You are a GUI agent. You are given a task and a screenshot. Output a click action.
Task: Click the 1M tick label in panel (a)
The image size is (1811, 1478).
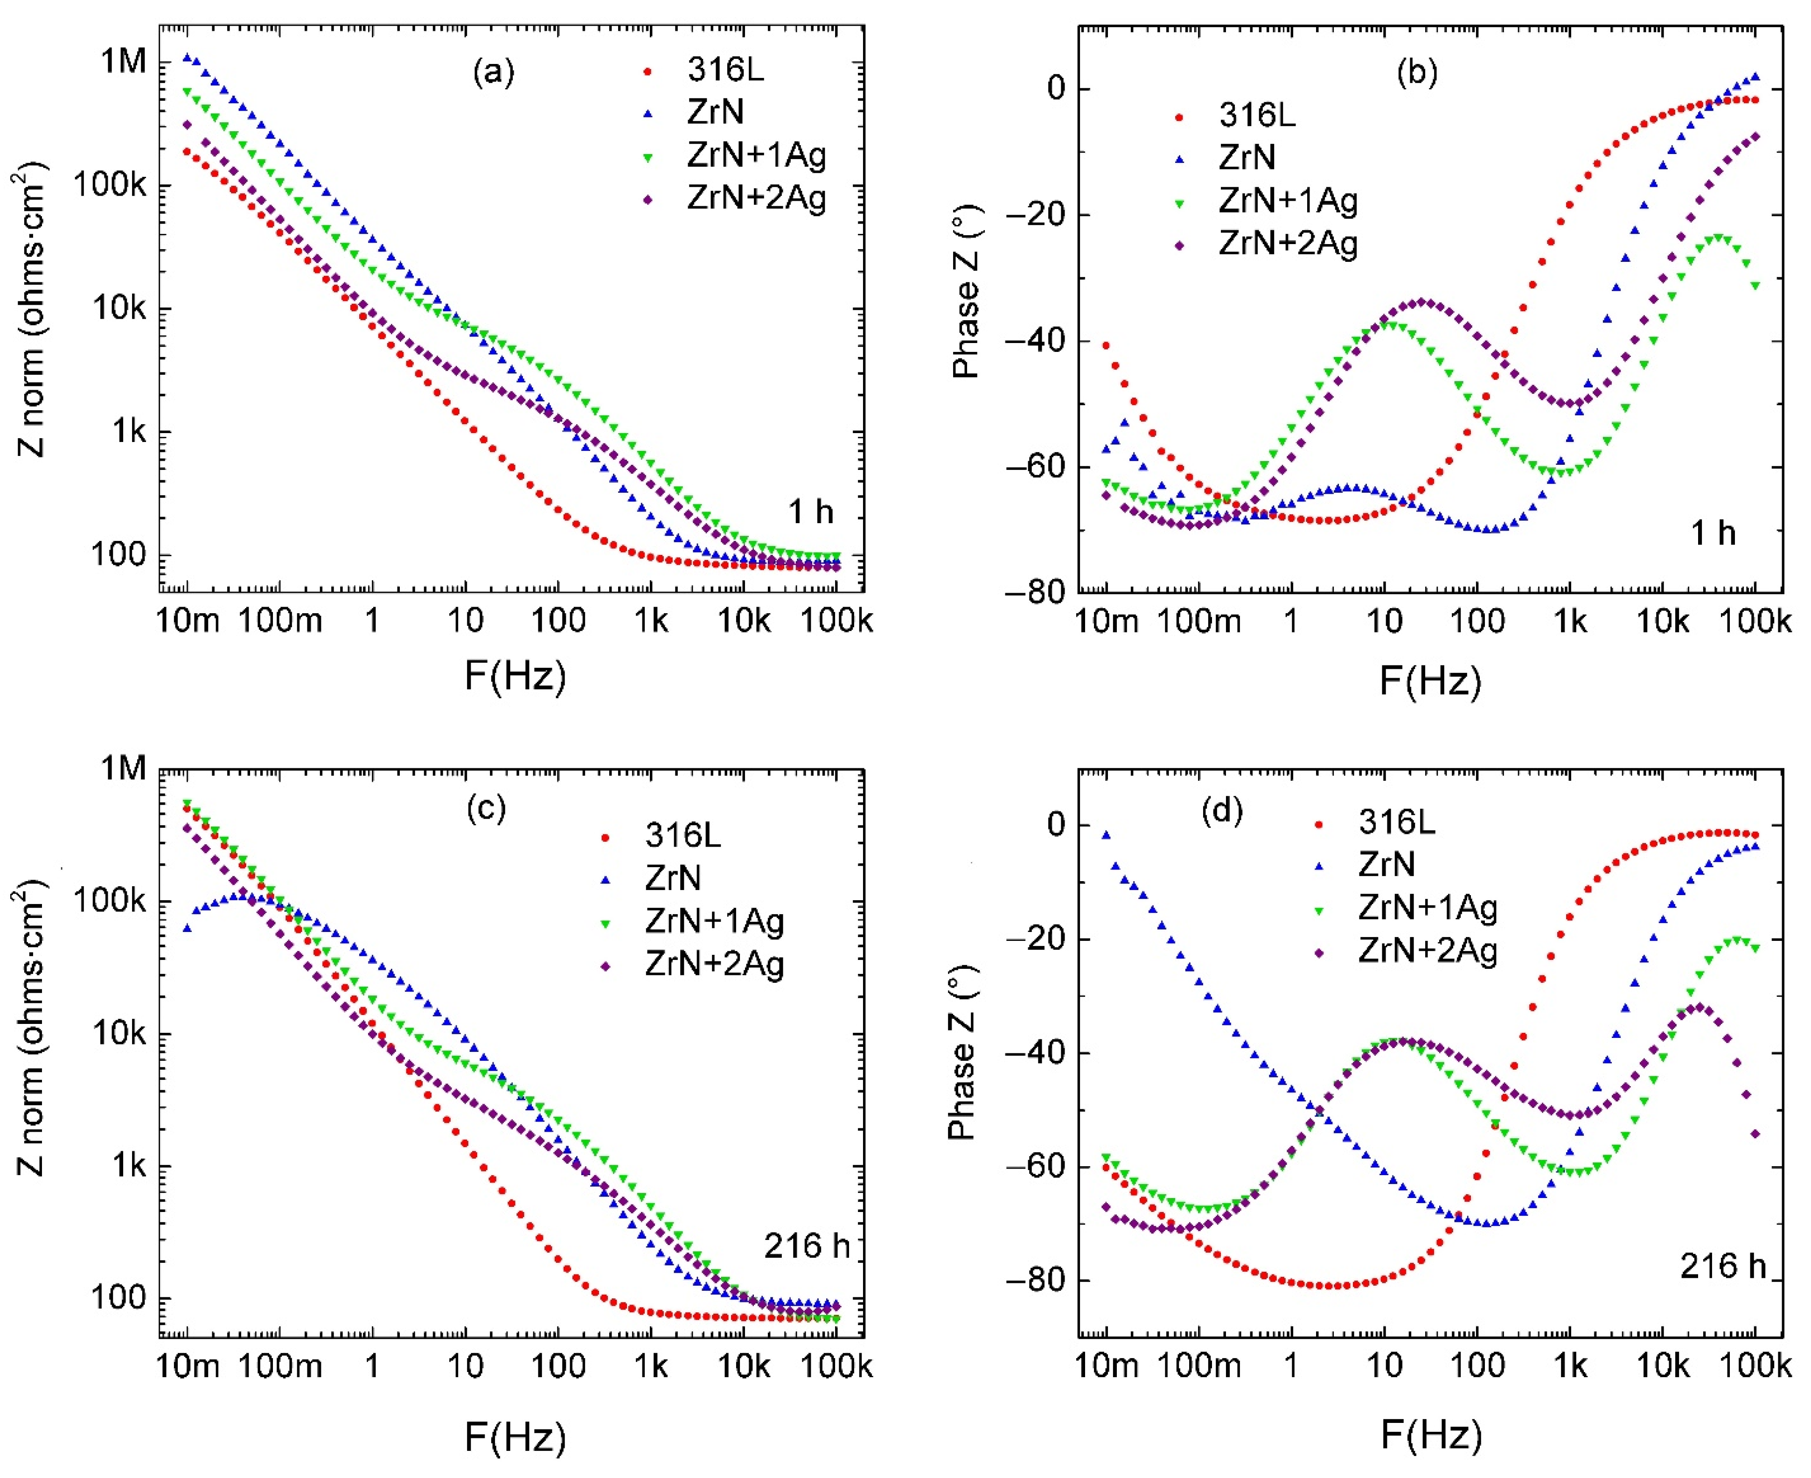[x=124, y=61]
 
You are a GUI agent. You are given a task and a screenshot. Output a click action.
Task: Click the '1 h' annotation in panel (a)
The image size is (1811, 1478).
[x=810, y=511]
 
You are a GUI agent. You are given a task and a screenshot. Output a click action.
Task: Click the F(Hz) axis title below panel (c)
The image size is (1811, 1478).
[x=515, y=1438]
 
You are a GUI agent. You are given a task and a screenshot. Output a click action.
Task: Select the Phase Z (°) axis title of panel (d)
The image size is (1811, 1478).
[x=963, y=1054]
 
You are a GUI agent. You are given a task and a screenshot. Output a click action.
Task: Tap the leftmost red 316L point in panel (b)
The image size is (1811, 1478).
[x=1107, y=345]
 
